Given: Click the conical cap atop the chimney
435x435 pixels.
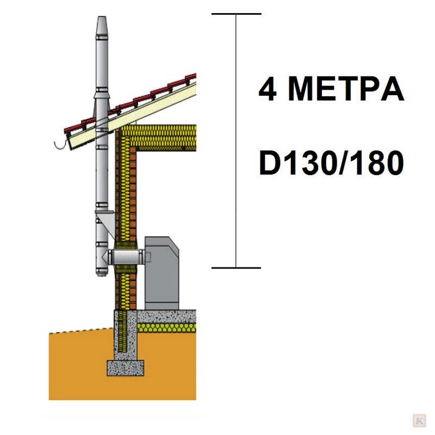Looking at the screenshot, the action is [102, 26].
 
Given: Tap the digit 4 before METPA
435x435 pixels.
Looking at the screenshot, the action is [268, 89].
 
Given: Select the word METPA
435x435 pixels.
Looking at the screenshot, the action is [346, 89].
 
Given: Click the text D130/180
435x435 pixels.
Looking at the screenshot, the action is [331, 163].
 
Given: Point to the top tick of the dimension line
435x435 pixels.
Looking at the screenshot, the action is [237, 14].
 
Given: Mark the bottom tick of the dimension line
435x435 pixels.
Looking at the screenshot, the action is [236, 268].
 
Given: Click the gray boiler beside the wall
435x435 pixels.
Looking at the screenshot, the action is [161, 273].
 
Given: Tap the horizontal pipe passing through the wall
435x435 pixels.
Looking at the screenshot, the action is [126, 257].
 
